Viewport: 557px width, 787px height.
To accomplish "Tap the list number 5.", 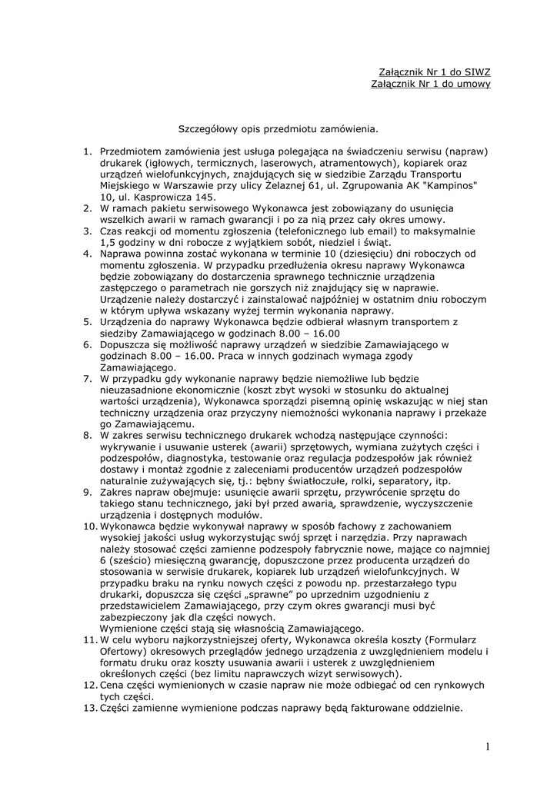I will click(x=87, y=321).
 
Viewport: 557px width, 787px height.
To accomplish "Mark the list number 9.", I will click(x=87, y=492).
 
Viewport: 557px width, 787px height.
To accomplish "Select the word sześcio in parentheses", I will click(x=130, y=560).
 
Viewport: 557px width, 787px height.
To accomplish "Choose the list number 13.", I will click(x=88, y=708).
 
